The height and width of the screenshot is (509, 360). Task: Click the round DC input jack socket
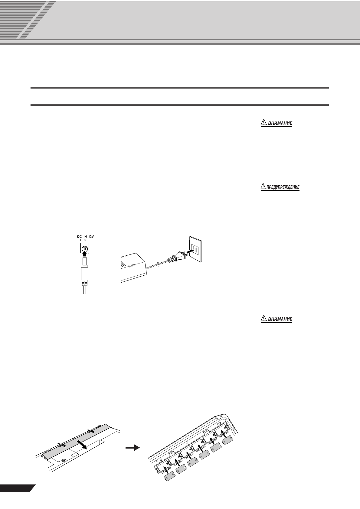85,249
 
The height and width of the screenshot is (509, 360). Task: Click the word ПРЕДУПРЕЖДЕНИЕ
283,187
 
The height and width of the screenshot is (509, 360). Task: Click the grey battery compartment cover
76,438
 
